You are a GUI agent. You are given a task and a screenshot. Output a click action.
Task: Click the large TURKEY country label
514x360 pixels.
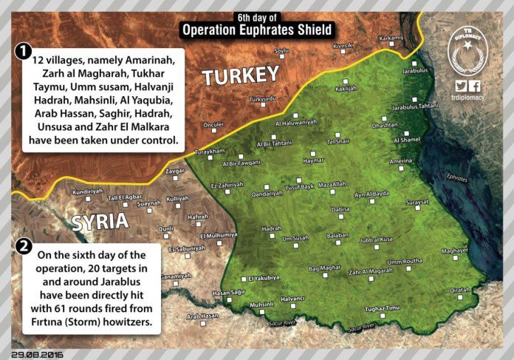241,75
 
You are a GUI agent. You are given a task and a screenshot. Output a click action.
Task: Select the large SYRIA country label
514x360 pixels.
100,221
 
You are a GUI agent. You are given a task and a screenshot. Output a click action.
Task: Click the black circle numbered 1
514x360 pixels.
24,52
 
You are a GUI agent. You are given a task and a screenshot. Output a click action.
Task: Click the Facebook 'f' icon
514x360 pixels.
476,86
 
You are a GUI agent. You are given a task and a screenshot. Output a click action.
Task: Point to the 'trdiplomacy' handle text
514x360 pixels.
470,98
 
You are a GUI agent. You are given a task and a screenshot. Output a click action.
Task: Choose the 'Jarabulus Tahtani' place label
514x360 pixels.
415,106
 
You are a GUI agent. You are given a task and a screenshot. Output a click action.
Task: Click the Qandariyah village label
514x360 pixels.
267,193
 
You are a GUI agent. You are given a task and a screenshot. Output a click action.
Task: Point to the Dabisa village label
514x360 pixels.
340,210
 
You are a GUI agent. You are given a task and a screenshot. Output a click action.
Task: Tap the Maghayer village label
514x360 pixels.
455,251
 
